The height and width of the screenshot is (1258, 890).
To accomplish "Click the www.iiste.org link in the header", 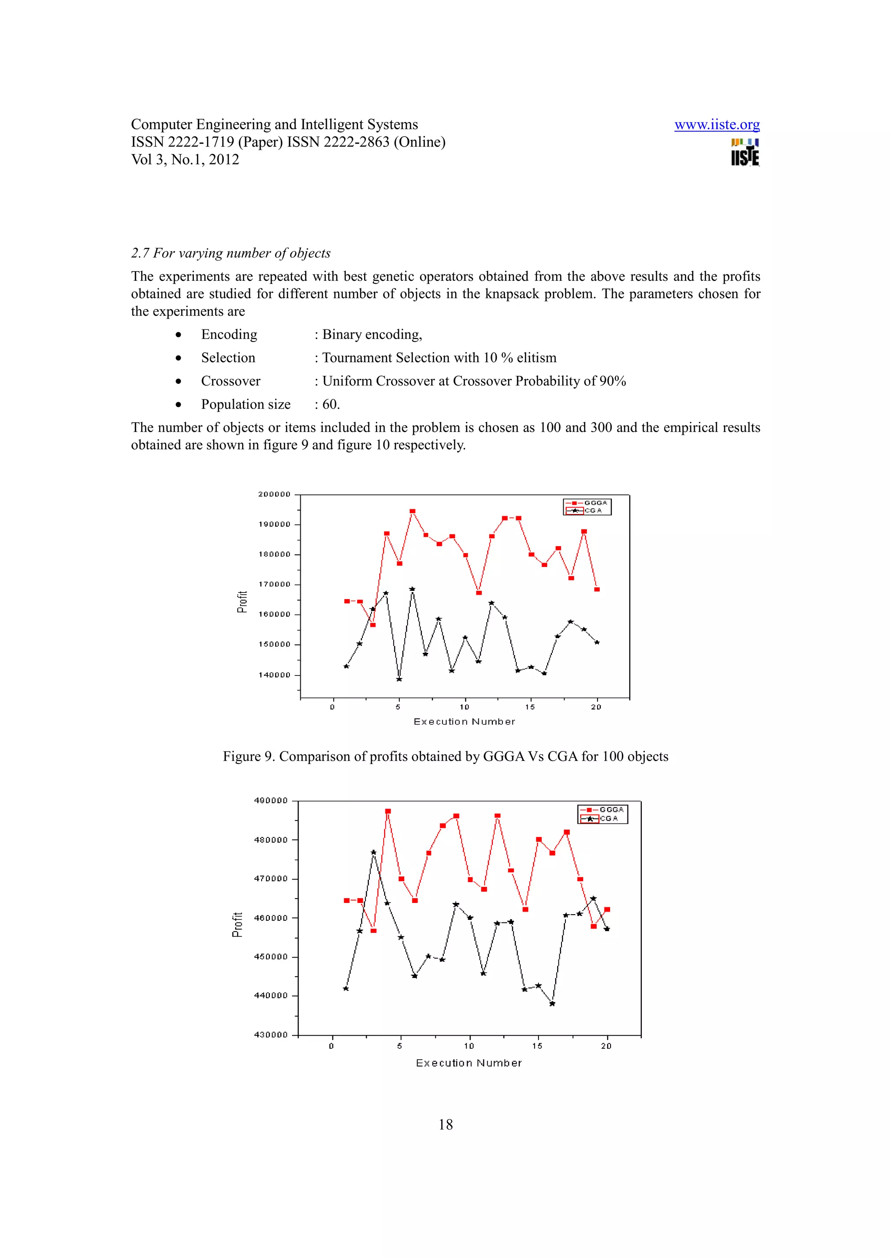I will [x=717, y=125].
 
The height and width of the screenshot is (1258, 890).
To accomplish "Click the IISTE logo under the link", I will [x=745, y=152].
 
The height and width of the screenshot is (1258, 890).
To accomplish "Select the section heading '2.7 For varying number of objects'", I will [x=230, y=253].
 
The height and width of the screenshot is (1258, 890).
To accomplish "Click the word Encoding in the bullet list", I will [x=229, y=334].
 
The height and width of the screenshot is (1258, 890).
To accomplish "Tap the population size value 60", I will [x=330, y=405].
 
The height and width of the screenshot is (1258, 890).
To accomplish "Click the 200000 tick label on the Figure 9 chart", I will [x=274, y=494].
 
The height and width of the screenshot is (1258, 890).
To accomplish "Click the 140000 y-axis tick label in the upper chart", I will [x=274, y=675].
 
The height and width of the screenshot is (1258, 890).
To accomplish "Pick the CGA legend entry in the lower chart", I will [x=608, y=819].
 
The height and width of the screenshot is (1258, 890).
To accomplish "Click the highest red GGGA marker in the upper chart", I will [x=412, y=511].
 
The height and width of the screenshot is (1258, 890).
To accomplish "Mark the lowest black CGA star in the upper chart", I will [x=399, y=679].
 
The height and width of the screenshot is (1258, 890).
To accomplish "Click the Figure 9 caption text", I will [x=445, y=757].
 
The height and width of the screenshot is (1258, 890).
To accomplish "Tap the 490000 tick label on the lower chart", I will [x=270, y=800].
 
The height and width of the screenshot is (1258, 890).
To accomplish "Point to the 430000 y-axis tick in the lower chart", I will [x=270, y=1035].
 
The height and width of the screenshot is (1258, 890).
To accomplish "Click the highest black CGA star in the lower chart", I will [x=373, y=852].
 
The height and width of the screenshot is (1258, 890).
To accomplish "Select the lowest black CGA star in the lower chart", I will [x=552, y=1004].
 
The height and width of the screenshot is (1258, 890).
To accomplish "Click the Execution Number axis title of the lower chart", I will [x=468, y=1064].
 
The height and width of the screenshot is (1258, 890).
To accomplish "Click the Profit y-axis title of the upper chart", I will [x=242, y=602].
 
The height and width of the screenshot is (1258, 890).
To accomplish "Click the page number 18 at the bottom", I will [x=445, y=1125].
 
